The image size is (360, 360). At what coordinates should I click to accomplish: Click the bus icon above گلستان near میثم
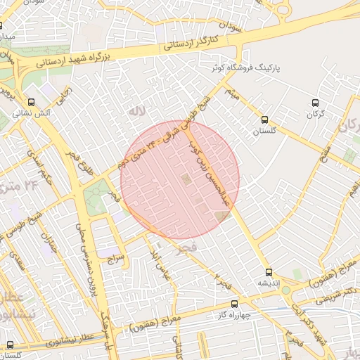click(264, 120)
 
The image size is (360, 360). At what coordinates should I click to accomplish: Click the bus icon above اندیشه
click(268, 271)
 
